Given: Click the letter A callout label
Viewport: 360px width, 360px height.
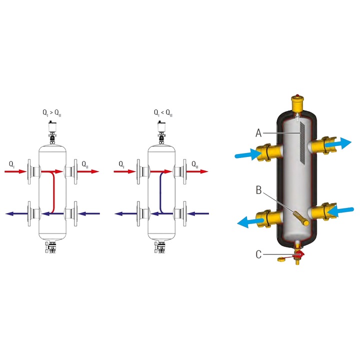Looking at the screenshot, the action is pos(258,133).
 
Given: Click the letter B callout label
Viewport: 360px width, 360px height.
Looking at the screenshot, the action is pos(259,190).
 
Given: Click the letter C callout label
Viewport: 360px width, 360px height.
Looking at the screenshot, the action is pos(258,254).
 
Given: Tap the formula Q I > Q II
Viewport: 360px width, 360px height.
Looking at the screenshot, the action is pos(52,113).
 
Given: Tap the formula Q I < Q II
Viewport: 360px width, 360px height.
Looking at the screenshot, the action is pos(163,113).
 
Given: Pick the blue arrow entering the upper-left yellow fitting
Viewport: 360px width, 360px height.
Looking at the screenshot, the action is pos(247,154).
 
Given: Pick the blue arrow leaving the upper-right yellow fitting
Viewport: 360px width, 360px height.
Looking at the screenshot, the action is pos(338,143).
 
